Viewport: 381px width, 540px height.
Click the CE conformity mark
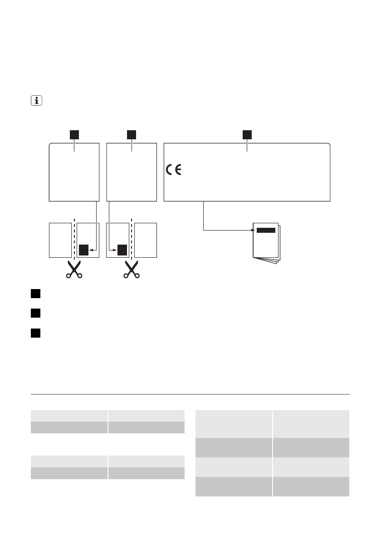(x=173, y=171)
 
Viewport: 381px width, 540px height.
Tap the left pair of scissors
(x=73, y=270)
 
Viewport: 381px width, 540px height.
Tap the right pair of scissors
(x=132, y=270)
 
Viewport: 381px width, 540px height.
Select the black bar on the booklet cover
(x=266, y=230)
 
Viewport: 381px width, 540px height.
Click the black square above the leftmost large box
(x=74, y=134)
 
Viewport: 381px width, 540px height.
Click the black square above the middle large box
(x=132, y=134)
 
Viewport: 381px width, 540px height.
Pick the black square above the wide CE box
(x=247, y=134)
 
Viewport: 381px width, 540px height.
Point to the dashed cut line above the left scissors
(x=73, y=238)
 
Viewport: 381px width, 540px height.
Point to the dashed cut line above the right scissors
(x=132, y=238)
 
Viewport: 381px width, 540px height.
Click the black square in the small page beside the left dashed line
(x=83, y=250)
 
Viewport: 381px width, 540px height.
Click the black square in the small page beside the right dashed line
(x=122, y=250)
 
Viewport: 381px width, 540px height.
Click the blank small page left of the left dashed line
(x=59, y=240)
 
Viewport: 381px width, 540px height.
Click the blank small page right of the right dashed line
(x=146, y=240)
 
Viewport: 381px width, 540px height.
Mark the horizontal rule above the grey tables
(x=190, y=394)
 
